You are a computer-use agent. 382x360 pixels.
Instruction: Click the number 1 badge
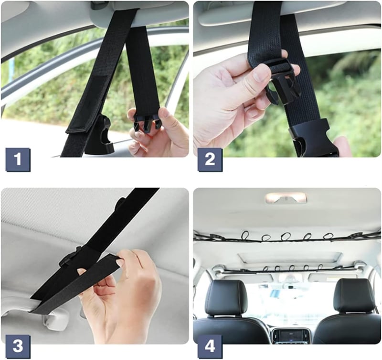pos(18,160)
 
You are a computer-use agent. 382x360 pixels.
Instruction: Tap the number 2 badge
pos(210,160)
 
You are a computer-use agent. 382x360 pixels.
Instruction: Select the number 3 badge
pos(18,347)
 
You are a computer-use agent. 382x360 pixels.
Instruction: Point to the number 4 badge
pos(210,347)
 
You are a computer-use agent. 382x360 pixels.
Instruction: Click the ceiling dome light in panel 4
pos(286,198)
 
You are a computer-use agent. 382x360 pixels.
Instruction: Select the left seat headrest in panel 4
pos(226,296)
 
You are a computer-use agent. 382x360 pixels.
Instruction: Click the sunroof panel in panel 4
pos(290,258)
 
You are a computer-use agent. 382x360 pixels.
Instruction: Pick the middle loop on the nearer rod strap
pos(286,236)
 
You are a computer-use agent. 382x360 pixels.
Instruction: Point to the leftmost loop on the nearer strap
pos(245,236)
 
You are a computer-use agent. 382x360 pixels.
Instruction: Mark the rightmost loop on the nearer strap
pos(328,236)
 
